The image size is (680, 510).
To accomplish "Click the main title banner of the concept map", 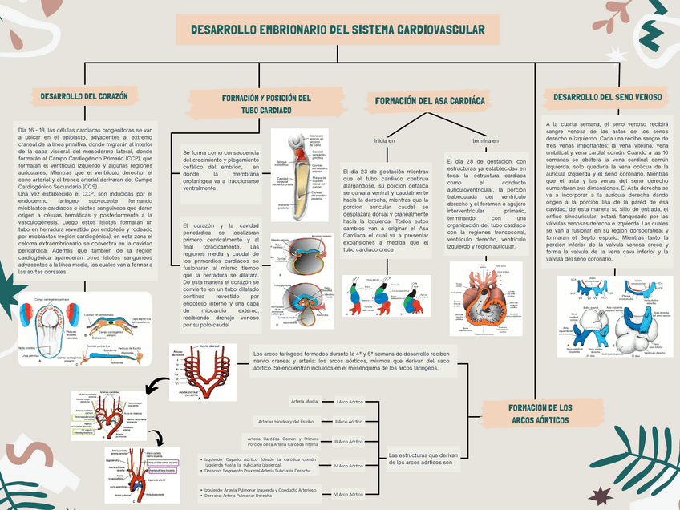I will (337, 30).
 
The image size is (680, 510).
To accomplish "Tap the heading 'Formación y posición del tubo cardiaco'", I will (265, 103).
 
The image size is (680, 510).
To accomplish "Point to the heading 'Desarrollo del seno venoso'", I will (607, 97).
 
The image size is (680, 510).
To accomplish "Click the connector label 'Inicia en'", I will (385, 141).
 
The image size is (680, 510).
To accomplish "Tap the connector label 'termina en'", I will (486, 141).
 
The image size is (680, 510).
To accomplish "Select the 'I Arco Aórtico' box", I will (348, 401).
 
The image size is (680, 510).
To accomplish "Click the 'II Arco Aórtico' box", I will (348, 421).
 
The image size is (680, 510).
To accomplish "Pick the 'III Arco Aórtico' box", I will (348, 441).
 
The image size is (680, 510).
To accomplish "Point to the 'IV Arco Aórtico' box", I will (348, 465).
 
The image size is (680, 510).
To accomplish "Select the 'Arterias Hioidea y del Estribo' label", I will (286, 421).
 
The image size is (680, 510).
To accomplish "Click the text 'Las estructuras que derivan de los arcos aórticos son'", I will (422, 458).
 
